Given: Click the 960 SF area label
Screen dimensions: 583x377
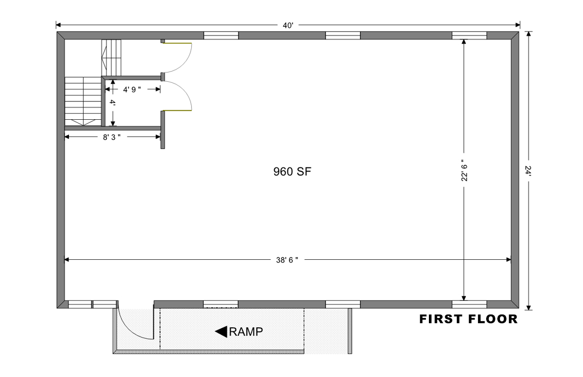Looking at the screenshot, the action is tap(292, 172).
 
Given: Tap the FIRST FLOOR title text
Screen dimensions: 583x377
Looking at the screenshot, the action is tap(468, 319).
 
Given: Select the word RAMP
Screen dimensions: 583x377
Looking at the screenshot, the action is tap(246, 332).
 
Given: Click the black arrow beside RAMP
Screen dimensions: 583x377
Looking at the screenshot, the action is tap(221, 332).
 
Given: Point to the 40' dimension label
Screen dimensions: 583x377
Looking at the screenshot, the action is tap(288, 25).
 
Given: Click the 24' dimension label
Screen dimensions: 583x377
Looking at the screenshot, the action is tap(528, 171).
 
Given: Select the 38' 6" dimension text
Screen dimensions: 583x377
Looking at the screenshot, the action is tap(287, 260).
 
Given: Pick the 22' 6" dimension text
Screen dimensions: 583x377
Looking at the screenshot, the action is tap(464, 173).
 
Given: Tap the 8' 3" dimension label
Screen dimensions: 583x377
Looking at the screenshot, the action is tap(112, 138).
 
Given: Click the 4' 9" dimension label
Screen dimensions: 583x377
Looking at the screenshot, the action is tap(132, 90).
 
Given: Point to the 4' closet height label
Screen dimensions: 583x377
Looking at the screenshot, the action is tap(113, 102).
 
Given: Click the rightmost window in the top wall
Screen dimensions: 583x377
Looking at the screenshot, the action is tap(469, 36).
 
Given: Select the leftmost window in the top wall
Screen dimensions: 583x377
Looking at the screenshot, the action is tap(221, 36).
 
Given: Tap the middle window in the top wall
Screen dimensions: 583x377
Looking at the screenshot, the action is tap(343, 36).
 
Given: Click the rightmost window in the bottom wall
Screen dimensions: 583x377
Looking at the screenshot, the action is tap(469, 304).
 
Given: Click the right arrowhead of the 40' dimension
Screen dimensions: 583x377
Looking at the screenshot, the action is tap(518, 25).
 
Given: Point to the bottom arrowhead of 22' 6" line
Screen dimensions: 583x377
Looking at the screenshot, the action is tap(464, 298).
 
